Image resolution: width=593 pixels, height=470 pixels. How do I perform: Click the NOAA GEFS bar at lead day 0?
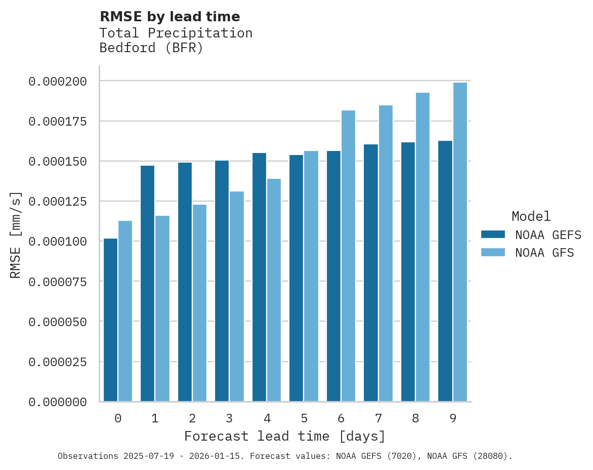click(110, 320)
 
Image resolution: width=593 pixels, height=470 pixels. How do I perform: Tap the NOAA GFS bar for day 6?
click(348, 256)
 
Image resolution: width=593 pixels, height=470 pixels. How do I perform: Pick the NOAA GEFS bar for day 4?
click(259, 277)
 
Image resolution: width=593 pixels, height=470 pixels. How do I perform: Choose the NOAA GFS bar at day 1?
click(162, 308)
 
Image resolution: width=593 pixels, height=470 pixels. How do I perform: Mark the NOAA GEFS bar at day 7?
click(371, 273)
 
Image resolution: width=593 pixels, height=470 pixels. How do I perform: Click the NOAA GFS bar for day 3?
click(237, 296)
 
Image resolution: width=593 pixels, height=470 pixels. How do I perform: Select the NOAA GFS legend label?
click(544, 253)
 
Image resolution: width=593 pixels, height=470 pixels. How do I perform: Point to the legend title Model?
click(531, 217)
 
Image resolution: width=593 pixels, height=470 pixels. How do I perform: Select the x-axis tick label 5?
click(304, 418)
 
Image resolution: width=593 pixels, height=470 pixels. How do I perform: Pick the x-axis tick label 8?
click(415, 418)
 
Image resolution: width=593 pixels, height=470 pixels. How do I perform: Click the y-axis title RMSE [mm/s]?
click(16, 234)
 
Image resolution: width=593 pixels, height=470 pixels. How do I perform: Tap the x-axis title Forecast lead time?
click(285, 436)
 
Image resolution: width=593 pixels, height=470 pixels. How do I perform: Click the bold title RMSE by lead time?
click(170, 17)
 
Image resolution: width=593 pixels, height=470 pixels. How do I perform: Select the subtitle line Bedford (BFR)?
click(151, 49)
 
